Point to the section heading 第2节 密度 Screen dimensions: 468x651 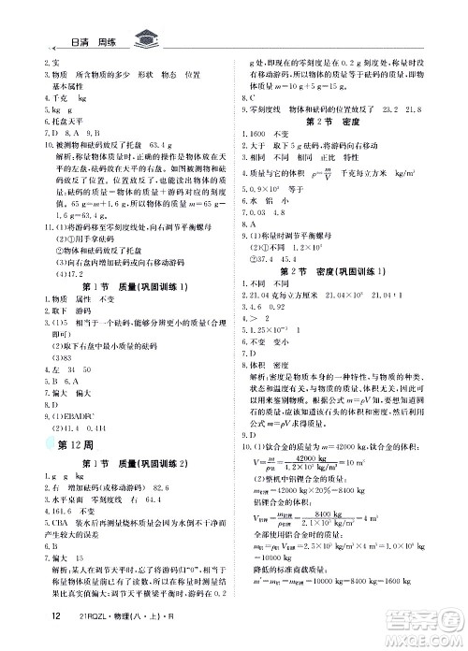(x=329, y=122)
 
